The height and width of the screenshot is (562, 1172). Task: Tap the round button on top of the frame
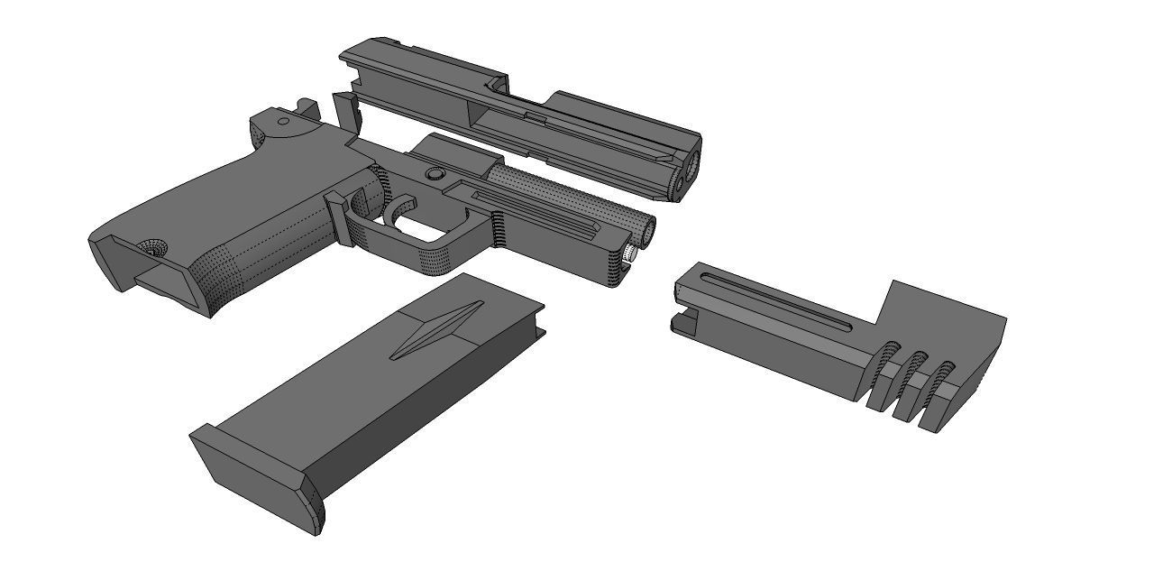pyautogui.click(x=435, y=173)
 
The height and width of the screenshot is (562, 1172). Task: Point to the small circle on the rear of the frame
pyautogui.click(x=283, y=121)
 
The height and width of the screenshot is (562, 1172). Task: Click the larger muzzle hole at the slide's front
pyautogui.click(x=692, y=164)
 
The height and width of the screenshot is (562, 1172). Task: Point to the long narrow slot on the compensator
pyautogui.click(x=775, y=299)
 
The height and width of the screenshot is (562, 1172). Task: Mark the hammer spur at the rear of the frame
pyautogui.click(x=307, y=108)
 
